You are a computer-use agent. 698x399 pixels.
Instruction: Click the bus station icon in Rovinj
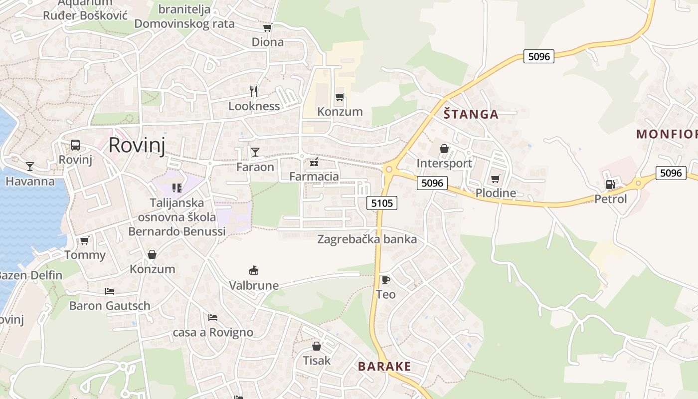coord(75,145)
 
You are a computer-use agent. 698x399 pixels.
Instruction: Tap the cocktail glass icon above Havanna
coord(30,167)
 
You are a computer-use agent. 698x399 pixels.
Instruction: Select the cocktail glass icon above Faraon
coord(255,152)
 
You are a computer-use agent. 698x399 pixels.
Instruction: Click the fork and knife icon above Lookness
coord(254,91)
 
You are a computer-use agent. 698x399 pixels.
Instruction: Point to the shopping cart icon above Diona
coord(268,28)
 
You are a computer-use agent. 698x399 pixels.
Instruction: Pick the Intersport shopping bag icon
coord(444,149)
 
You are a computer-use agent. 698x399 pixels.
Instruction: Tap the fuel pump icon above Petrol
coord(610,185)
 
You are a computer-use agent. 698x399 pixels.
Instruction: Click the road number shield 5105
coord(382,202)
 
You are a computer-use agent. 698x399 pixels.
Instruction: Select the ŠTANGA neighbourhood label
coord(471,114)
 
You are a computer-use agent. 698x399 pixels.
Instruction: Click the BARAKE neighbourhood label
coord(384,367)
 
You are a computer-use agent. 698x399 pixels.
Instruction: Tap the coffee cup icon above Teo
coord(385,280)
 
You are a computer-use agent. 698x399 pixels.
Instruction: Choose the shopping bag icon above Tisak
coord(317,346)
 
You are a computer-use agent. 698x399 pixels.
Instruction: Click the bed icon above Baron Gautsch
coord(110,291)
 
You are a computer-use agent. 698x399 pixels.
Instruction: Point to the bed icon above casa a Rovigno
coord(213,318)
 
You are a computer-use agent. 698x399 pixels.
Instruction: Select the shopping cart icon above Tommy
coord(85,241)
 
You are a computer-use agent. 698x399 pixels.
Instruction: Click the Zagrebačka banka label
coord(367,239)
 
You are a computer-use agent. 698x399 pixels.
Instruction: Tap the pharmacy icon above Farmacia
coord(314,162)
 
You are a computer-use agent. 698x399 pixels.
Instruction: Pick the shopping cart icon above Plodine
coord(496,179)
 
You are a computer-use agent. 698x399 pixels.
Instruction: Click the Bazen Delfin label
coord(31,275)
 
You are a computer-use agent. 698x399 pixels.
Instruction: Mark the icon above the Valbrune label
coord(254,271)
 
